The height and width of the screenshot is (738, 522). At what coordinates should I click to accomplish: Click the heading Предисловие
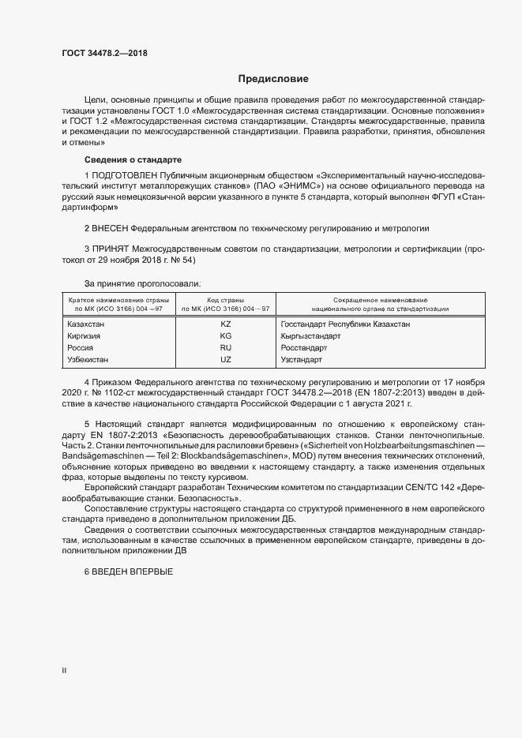tap(274, 79)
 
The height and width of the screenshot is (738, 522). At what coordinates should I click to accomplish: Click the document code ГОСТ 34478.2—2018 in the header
tap(104, 54)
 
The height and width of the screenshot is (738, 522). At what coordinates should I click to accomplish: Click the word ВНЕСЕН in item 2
tap(115, 228)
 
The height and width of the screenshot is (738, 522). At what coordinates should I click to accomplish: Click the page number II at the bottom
tap(64, 671)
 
